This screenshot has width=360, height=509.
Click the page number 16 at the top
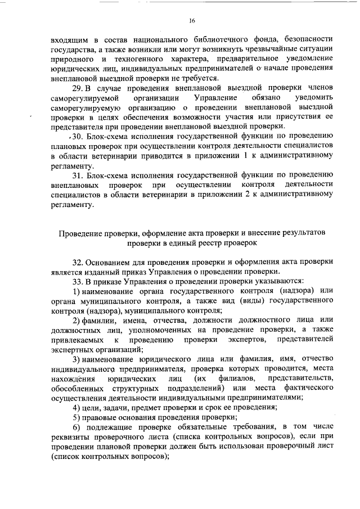(x=192, y=21)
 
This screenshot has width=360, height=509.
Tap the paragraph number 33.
(x=79, y=281)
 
